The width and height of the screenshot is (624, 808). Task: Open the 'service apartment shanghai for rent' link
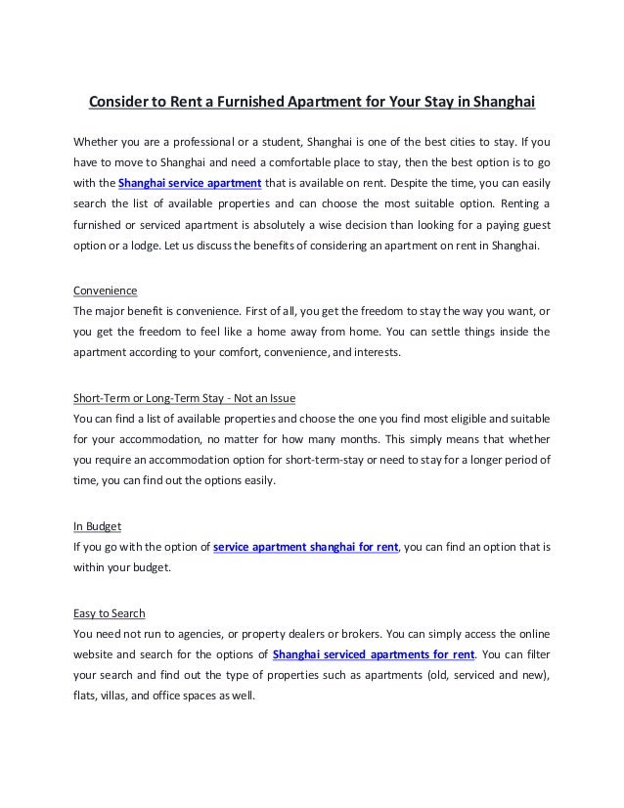tap(305, 546)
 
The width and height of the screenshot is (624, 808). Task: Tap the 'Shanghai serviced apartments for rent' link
tap(375, 653)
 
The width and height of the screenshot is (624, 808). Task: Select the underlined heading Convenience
tap(106, 291)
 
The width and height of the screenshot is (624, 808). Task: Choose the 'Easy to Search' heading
tap(110, 613)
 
